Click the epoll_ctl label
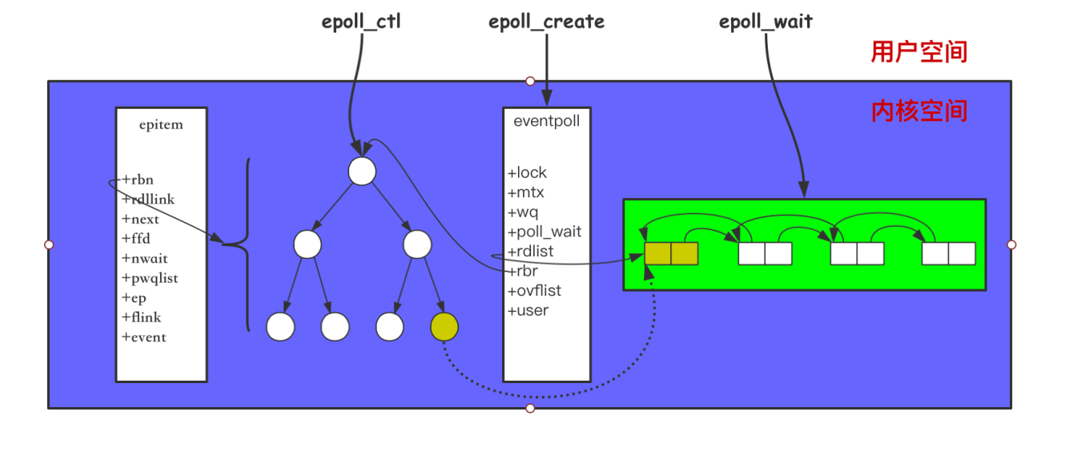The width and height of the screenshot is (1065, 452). [x=361, y=22]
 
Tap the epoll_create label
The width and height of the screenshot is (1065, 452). [x=546, y=22]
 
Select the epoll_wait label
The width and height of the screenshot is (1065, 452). [x=766, y=22]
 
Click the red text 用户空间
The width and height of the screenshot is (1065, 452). [x=919, y=52]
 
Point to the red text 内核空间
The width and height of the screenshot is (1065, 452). [x=919, y=111]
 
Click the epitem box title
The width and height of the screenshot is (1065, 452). [x=161, y=124]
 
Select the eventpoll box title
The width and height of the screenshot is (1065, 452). [x=547, y=122]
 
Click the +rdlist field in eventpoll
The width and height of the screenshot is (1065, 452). [x=530, y=252]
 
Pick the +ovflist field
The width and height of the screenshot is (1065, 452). [x=534, y=290]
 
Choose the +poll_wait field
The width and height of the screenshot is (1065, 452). [x=545, y=232]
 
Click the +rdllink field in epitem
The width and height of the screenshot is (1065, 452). [x=148, y=199]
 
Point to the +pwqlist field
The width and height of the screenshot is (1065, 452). [x=150, y=278]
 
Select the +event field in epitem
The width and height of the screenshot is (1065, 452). [x=144, y=337]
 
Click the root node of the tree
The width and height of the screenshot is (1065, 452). [x=362, y=172]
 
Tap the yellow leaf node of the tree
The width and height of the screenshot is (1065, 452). [x=444, y=326]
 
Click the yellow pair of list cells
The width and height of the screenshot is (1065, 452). [x=671, y=253]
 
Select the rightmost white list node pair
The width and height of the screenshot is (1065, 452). [x=948, y=253]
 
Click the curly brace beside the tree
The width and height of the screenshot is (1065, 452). [x=243, y=244]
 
